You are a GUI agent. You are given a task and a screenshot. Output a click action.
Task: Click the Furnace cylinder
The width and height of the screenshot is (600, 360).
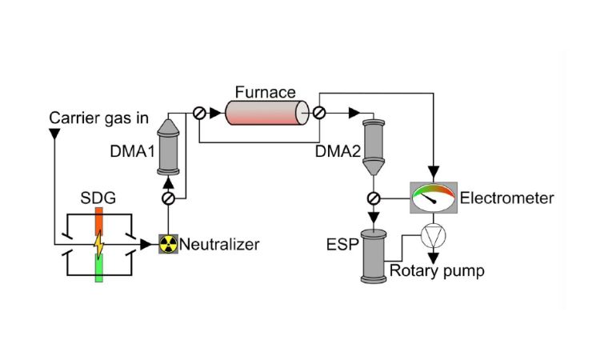coord(267,113)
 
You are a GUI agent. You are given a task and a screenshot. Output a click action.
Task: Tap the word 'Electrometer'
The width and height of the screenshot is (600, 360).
coord(506,198)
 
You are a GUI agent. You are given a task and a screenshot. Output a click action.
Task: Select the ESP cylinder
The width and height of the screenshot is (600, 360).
coord(373,254)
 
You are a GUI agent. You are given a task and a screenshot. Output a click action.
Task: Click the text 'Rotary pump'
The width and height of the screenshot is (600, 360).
coord(436,271)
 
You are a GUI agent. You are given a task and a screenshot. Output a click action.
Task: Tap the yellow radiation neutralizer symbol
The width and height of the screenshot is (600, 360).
coord(168,244)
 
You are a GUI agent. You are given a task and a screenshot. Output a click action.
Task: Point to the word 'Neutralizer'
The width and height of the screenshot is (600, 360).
coord(219,244)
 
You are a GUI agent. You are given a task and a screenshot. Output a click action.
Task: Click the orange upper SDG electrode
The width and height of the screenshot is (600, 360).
coord(99,221)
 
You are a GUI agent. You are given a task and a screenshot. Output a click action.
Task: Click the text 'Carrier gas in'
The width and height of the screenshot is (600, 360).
coord(98,118)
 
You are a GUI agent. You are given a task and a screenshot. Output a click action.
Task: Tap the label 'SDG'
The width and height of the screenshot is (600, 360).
coord(98,197)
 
